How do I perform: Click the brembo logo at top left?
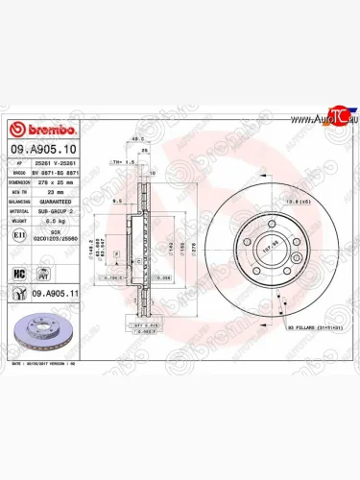[36, 132]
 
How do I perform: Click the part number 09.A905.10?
[39, 150]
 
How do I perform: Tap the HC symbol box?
[16, 273]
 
